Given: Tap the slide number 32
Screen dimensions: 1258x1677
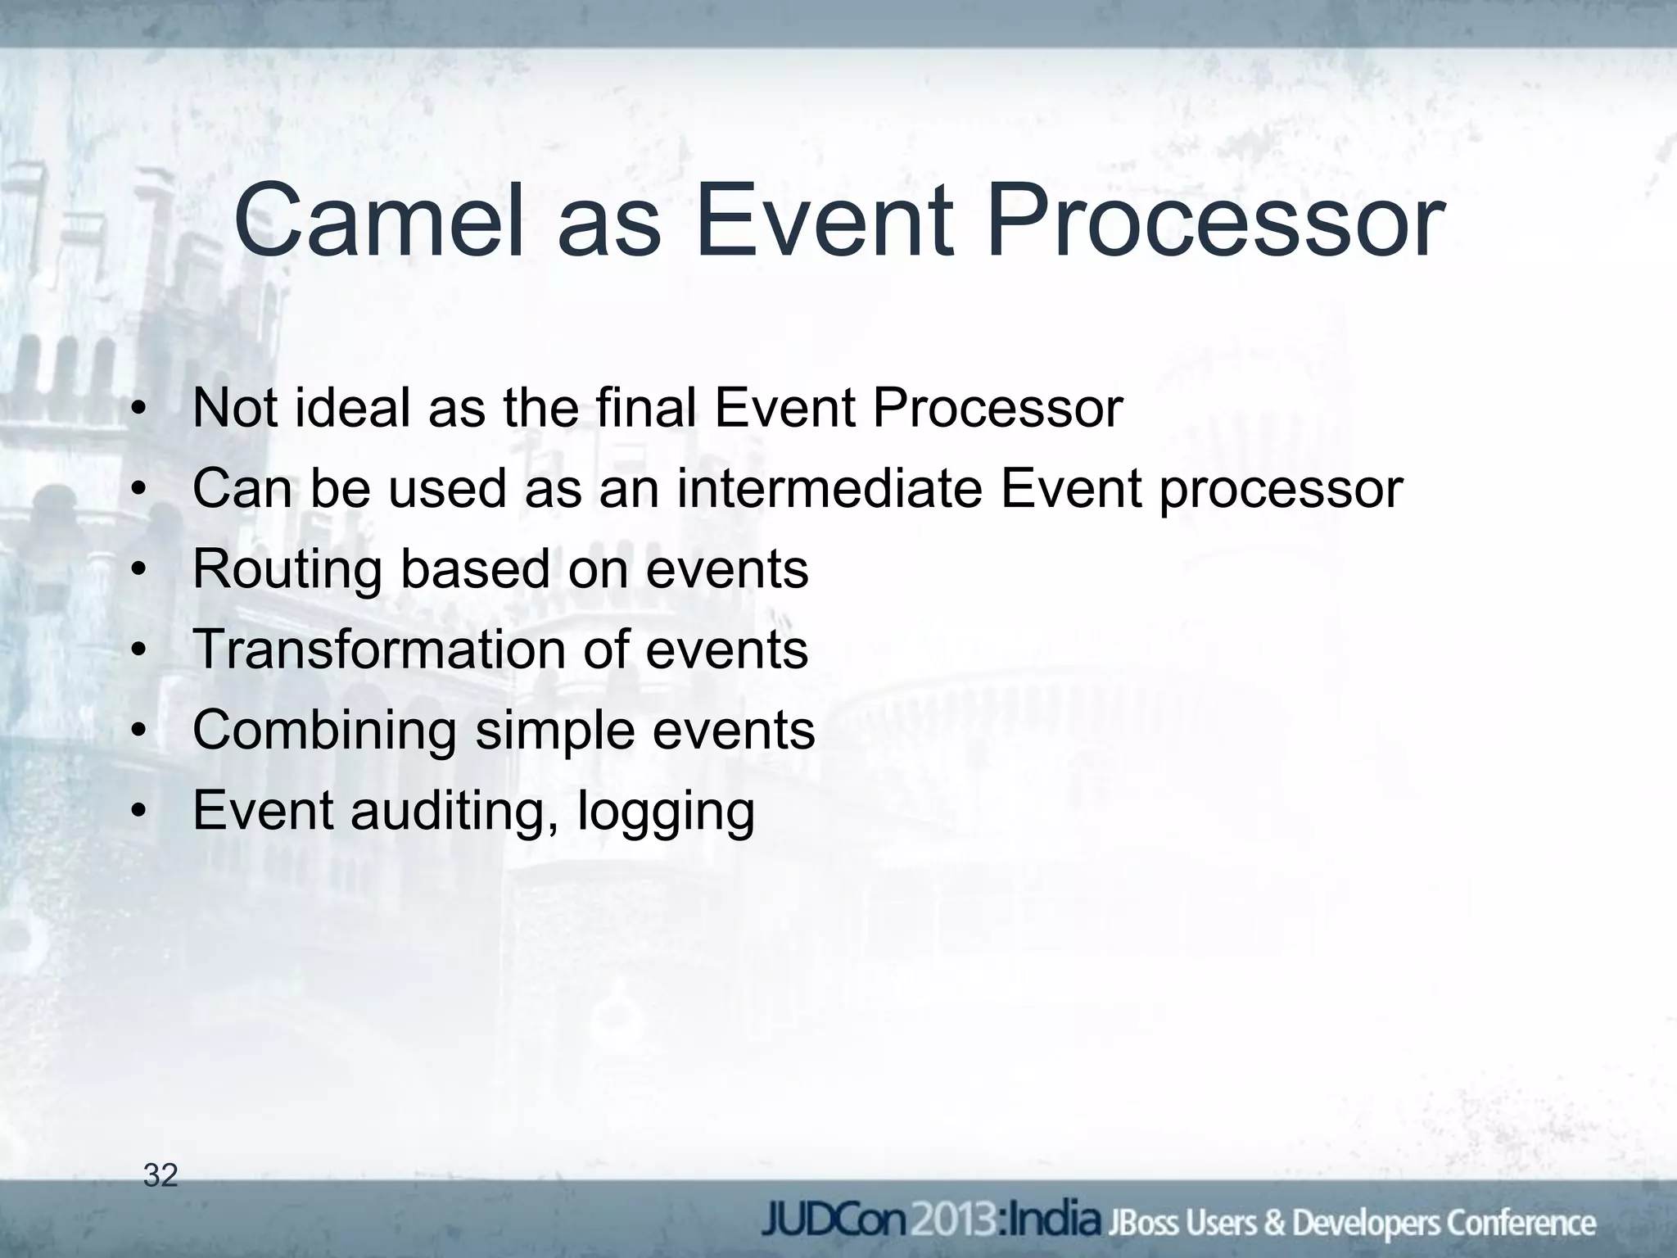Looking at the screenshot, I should [x=160, y=1175].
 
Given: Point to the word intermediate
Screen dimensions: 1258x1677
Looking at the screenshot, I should [x=829, y=488].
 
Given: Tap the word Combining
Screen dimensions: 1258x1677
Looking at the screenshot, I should [x=324, y=731].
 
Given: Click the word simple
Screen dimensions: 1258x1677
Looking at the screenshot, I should [x=554, y=731].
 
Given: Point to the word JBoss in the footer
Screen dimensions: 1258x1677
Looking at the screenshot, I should [x=1141, y=1223].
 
